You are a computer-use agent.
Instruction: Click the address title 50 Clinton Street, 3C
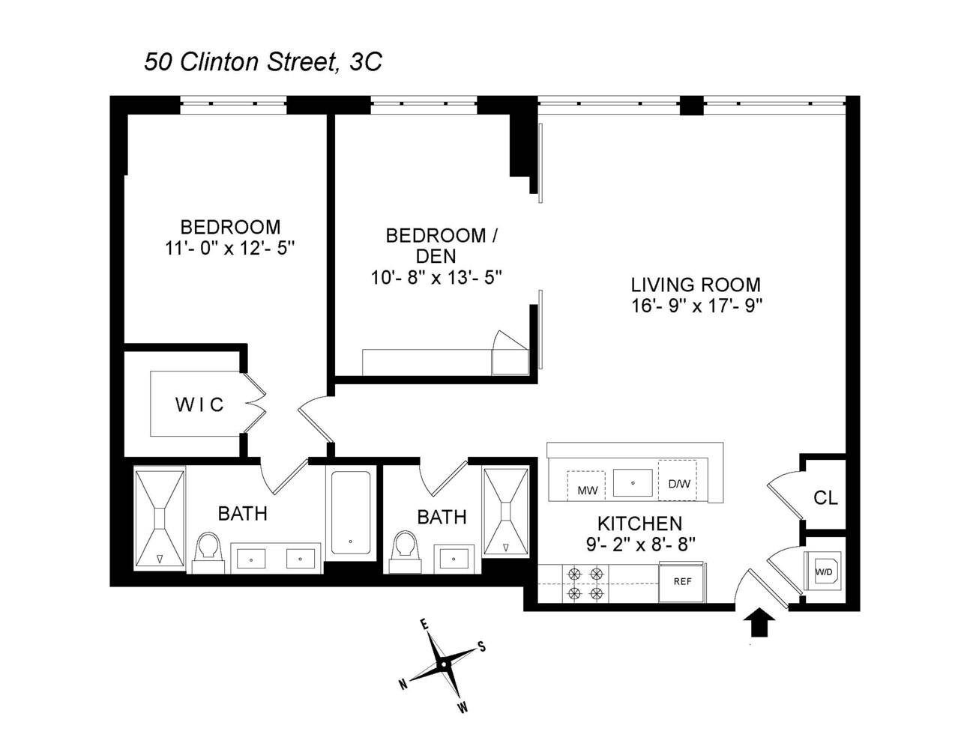coord(263,61)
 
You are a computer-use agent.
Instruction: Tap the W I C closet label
coord(199,405)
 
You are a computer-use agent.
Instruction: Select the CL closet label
coord(825,498)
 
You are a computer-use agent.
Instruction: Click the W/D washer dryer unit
coord(823,572)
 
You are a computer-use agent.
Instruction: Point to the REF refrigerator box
coord(682,582)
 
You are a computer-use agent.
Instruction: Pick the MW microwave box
coord(587,488)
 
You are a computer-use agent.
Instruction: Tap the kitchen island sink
coord(633,483)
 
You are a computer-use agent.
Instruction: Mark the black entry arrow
coord(761,622)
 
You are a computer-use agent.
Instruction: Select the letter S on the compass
coord(482,647)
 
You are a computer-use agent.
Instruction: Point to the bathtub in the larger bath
coord(350,512)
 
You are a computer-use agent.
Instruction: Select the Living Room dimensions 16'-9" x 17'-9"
coord(696,306)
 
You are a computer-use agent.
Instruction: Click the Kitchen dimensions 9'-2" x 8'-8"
coord(639,544)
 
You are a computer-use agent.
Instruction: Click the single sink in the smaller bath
coord(454,558)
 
